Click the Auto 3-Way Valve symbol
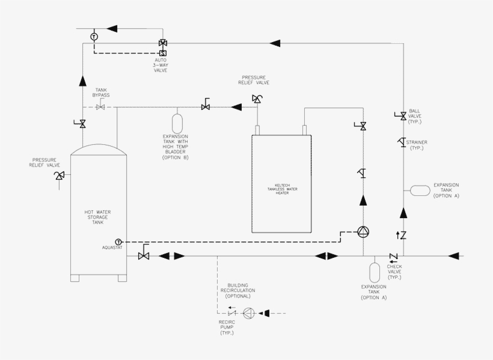pyautogui.click(x=162, y=43)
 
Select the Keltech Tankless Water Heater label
pyautogui.click(x=283, y=189)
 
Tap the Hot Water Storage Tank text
pyautogui.click(x=98, y=217)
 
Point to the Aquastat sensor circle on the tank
pyautogui.click(x=118, y=242)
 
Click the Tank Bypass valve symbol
pyautogui.click(x=101, y=108)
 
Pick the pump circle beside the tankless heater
pyautogui.click(x=363, y=231)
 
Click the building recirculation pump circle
pyautogui.click(x=248, y=313)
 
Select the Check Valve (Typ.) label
pyautogui.click(x=394, y=271)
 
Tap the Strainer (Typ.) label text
pyautogui.click(x=418, y=145)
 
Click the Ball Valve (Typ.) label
pyautogui.click(x=415, y=116)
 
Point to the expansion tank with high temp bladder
pyautogui.click(x=177, y=121)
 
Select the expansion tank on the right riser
pyautogui.click(x=420, y=190)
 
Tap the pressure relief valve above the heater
pyautogui.click(x=257, y=98)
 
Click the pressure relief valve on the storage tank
pyautogui.click(x=59, y=175)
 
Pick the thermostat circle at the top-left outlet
pyautogui.click(x=94, y=37)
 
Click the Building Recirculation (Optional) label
pyautogui.click(x=237, y=291)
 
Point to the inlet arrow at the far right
pyautogui.click(x=455, y=256)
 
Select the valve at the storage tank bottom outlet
pyautogui.click(x=144, y=256)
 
